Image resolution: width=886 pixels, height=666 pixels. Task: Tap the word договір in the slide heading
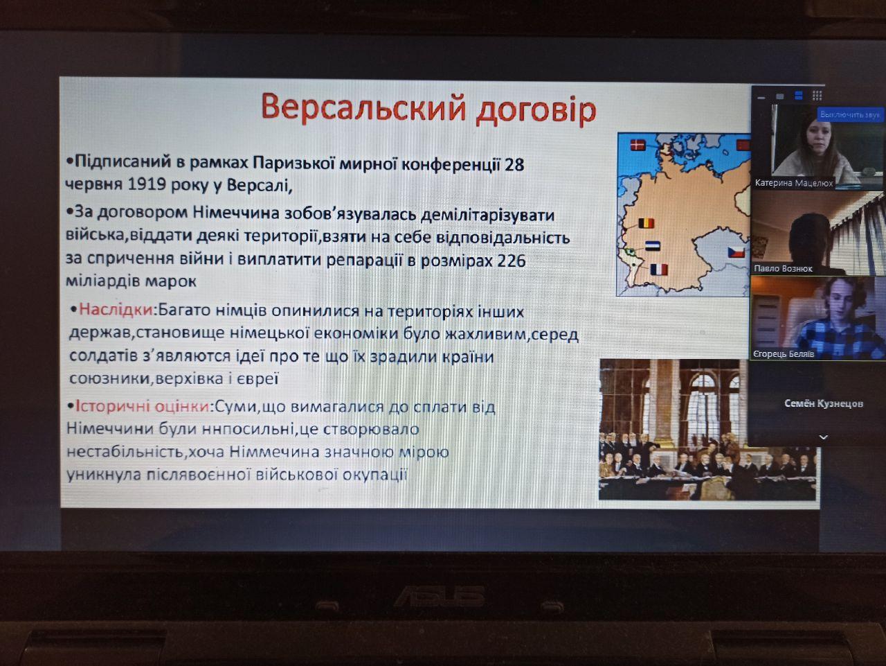(536, 110)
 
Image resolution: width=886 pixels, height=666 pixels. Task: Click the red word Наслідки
(116, 310)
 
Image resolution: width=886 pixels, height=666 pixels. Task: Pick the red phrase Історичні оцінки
(143, 406)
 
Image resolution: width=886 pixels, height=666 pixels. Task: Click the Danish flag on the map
(638, 145)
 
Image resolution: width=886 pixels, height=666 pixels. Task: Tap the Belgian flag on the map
(647, 223)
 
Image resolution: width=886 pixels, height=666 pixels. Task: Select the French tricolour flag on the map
(659, 269)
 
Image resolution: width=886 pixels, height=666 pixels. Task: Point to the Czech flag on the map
(736, 252)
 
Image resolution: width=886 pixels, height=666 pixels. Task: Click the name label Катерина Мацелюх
(793, 184)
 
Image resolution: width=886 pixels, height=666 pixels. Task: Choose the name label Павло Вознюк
(783, 269)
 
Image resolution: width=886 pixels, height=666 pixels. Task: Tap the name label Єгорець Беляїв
(784, 354)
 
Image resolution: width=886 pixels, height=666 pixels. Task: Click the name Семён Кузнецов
(824, 403)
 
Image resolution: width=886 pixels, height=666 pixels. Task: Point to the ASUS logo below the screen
(439, 597)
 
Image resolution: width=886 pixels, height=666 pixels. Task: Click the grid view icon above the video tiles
(817, 96)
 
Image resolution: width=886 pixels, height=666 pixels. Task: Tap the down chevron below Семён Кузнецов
(824, 437)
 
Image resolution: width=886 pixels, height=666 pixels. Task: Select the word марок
(171, 281)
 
